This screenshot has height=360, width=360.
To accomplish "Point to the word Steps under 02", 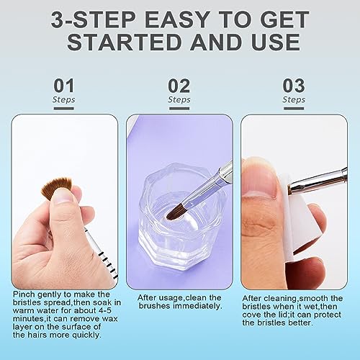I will (179, 99).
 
